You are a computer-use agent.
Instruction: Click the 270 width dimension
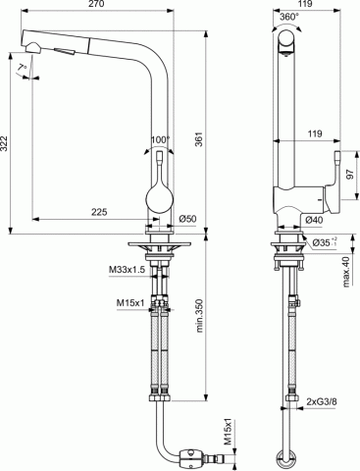pos(97,4)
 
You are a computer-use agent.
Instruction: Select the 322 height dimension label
pos(4,143)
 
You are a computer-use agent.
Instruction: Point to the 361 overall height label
pos(199,139)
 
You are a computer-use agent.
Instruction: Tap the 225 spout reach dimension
pos(99,212)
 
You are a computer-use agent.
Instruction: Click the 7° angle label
pos(23,68)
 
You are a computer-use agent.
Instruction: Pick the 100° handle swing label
pos(160,139)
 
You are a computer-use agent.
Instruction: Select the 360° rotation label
pos(289,17)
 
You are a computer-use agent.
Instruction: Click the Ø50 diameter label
pos(187,219)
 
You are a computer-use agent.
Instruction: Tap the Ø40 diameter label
pos(314,220)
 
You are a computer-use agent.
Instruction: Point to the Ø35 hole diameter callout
pos(324,242)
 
